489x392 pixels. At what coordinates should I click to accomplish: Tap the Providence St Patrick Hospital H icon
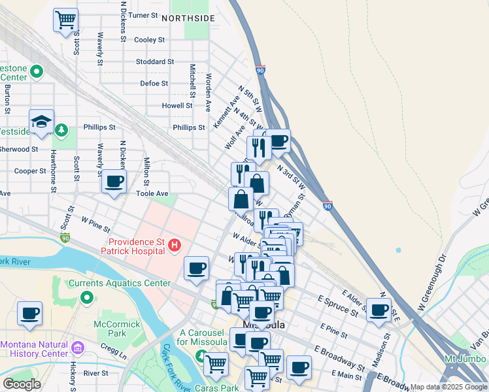point(174,245)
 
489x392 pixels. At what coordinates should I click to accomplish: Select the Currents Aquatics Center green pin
point(87,298)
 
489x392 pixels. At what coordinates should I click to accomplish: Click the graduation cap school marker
point(41,122)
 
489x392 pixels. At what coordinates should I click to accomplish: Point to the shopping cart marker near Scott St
point(65,20)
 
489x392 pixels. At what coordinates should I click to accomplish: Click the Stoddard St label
point(155,62)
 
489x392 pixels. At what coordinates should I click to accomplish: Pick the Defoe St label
point(154,84)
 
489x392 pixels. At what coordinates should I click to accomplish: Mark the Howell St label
point(178,105)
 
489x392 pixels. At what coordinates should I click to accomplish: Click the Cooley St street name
point(149,40)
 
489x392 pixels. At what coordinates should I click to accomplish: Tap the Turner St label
point(144,15)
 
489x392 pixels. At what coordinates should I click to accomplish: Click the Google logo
point(22,384)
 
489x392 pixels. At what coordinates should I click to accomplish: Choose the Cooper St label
point(30,171)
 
